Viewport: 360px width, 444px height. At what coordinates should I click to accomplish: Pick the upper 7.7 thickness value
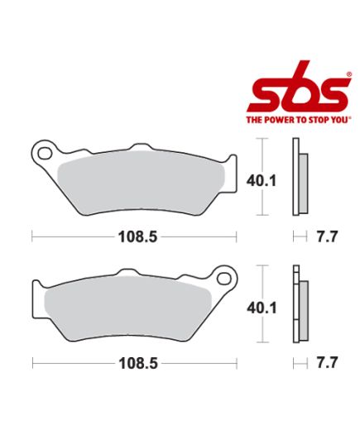pyautogui.click(x=328, y=236)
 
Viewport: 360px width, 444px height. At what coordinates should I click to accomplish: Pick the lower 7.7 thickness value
pyautogui.click(x=328, y=363)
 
